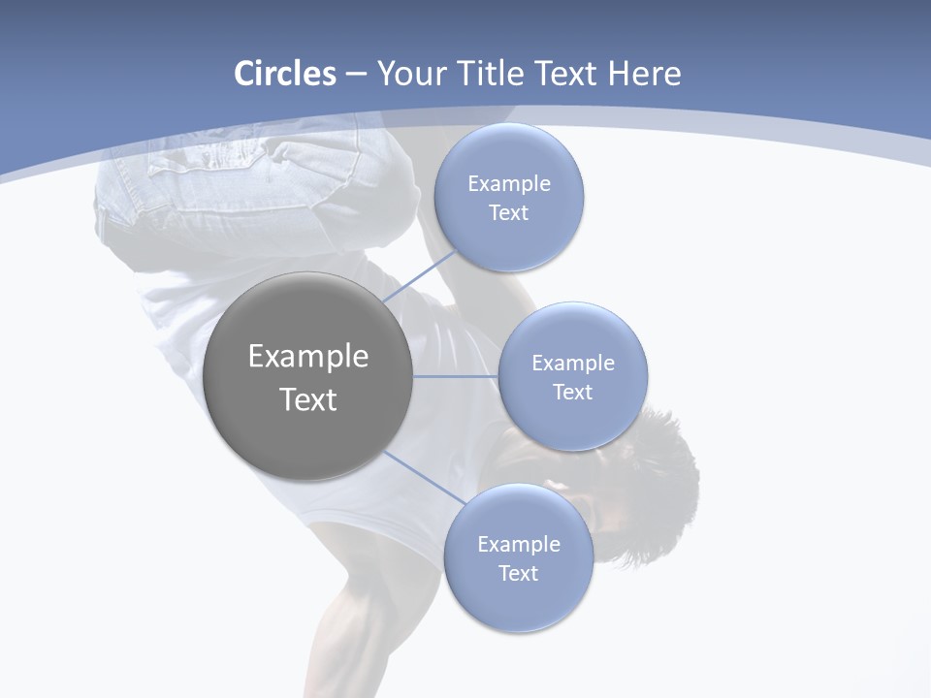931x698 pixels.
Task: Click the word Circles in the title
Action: pyautogui.click(x=284, y=74)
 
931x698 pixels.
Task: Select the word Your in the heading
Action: pyautogui.click(x=412, y=74)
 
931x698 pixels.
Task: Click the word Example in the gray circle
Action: pyautogui.click(x=308, y=357)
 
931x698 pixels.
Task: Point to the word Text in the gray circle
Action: pyautogui.click(x=308, y=399)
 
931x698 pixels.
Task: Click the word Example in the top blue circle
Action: pyautogui.click(x=509, y=184)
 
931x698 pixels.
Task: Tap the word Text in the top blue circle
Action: pyautogui.click(x=509, y=213)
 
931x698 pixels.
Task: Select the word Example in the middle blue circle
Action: pyautogui.click(x=573, y=364)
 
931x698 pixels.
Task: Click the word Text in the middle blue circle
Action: pyautogui.click(x=573, y=393)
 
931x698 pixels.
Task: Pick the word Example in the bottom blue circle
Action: pyautogui.click(x=519, y=545)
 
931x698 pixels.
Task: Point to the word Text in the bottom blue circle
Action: pyautogui.click(x=519, y=574)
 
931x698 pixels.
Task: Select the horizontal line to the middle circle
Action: pyautogui.click(x=456, y=376)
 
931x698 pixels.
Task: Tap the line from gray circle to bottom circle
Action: pyautogui.click(x=425, y=477)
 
